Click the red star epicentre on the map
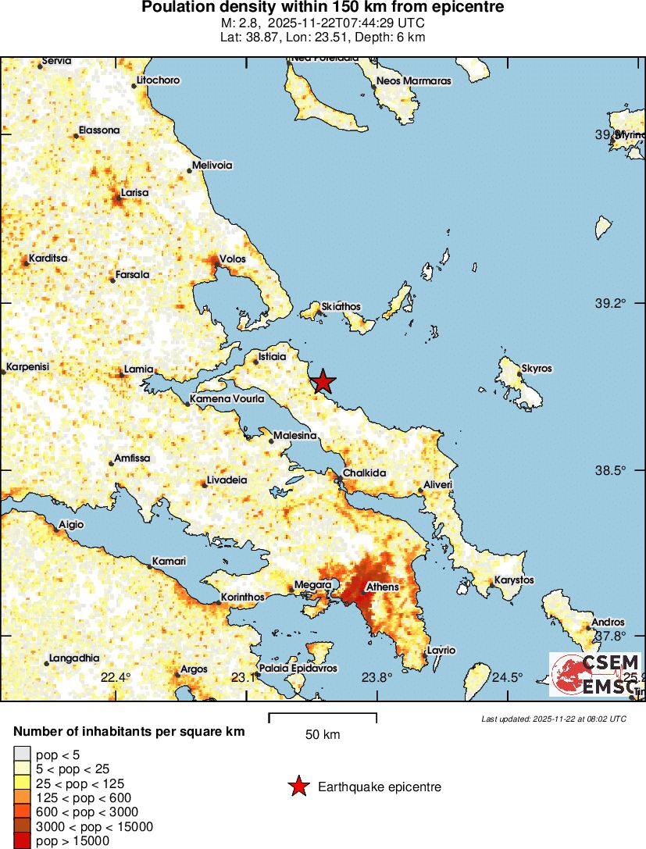tap(323, 381)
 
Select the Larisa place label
tap(135, 192)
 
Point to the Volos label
tap(233, 259)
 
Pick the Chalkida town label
tap(366, 473)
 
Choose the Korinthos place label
tap(242, 597)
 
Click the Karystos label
tap(514, 580)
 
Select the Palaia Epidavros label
tap(298, 669)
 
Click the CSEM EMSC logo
tap(596, 674)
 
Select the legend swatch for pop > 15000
tap(23, 841)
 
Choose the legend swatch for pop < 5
tap(23, 754)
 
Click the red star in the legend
tap(298, 787)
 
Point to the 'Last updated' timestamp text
tap(554, 719)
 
